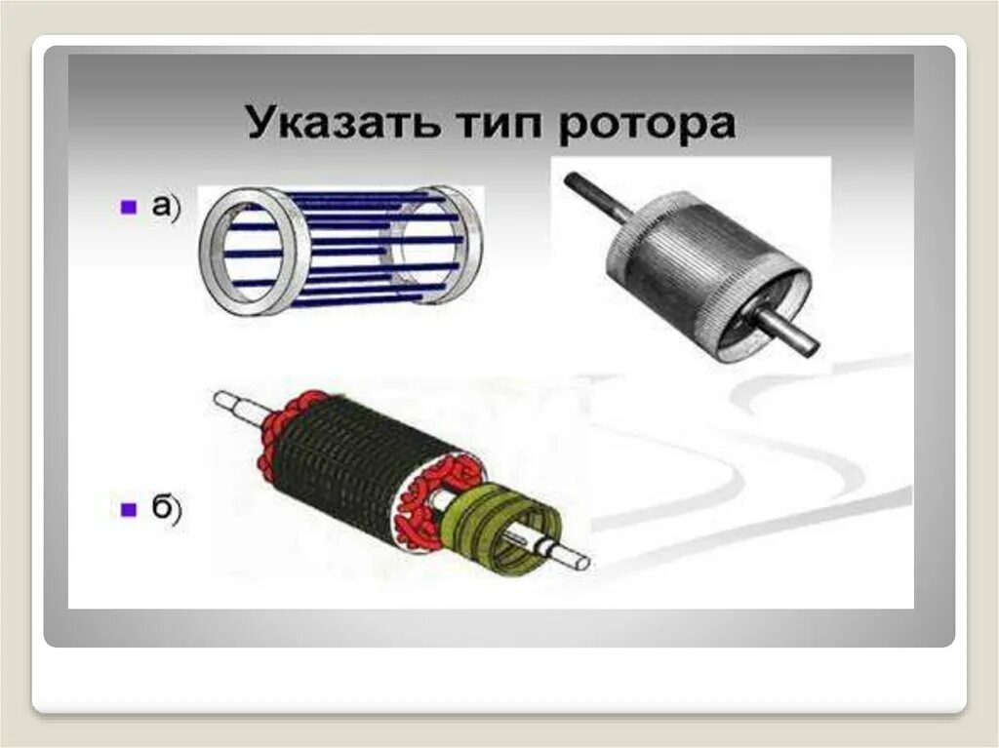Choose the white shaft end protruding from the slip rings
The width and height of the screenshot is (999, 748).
(x=571, y=558)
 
